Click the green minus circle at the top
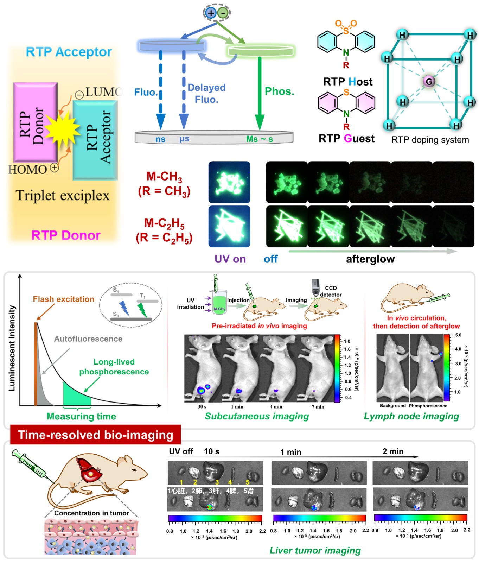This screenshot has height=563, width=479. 223,13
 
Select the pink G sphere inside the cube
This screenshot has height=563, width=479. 429,82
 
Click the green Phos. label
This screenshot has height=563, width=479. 279,91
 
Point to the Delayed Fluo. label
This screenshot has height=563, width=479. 206,93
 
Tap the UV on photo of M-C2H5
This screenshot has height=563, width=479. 229,227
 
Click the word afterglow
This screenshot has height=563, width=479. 370,259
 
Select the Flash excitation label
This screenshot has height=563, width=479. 63,299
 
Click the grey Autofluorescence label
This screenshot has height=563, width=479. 88,339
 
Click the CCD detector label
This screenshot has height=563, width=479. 331,291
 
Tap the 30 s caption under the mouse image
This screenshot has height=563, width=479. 202,407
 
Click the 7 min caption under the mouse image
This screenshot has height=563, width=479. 318,407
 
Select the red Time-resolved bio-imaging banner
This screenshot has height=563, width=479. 95,435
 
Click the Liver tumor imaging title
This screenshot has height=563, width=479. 315,550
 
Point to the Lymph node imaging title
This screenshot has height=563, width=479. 411,417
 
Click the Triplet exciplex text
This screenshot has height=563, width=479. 63,196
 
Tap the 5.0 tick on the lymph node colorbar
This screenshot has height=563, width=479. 458,335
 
